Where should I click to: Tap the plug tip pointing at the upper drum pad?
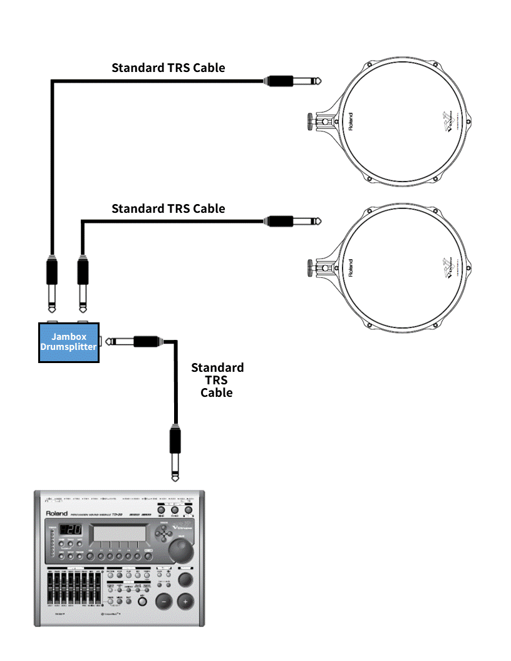point(319,81)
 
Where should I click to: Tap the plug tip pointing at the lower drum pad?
point(319,220)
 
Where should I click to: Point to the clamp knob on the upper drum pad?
point(310,120)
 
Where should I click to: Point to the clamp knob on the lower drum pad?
point(310,267)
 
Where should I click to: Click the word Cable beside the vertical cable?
point(217,393)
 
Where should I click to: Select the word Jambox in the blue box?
point(69,337)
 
